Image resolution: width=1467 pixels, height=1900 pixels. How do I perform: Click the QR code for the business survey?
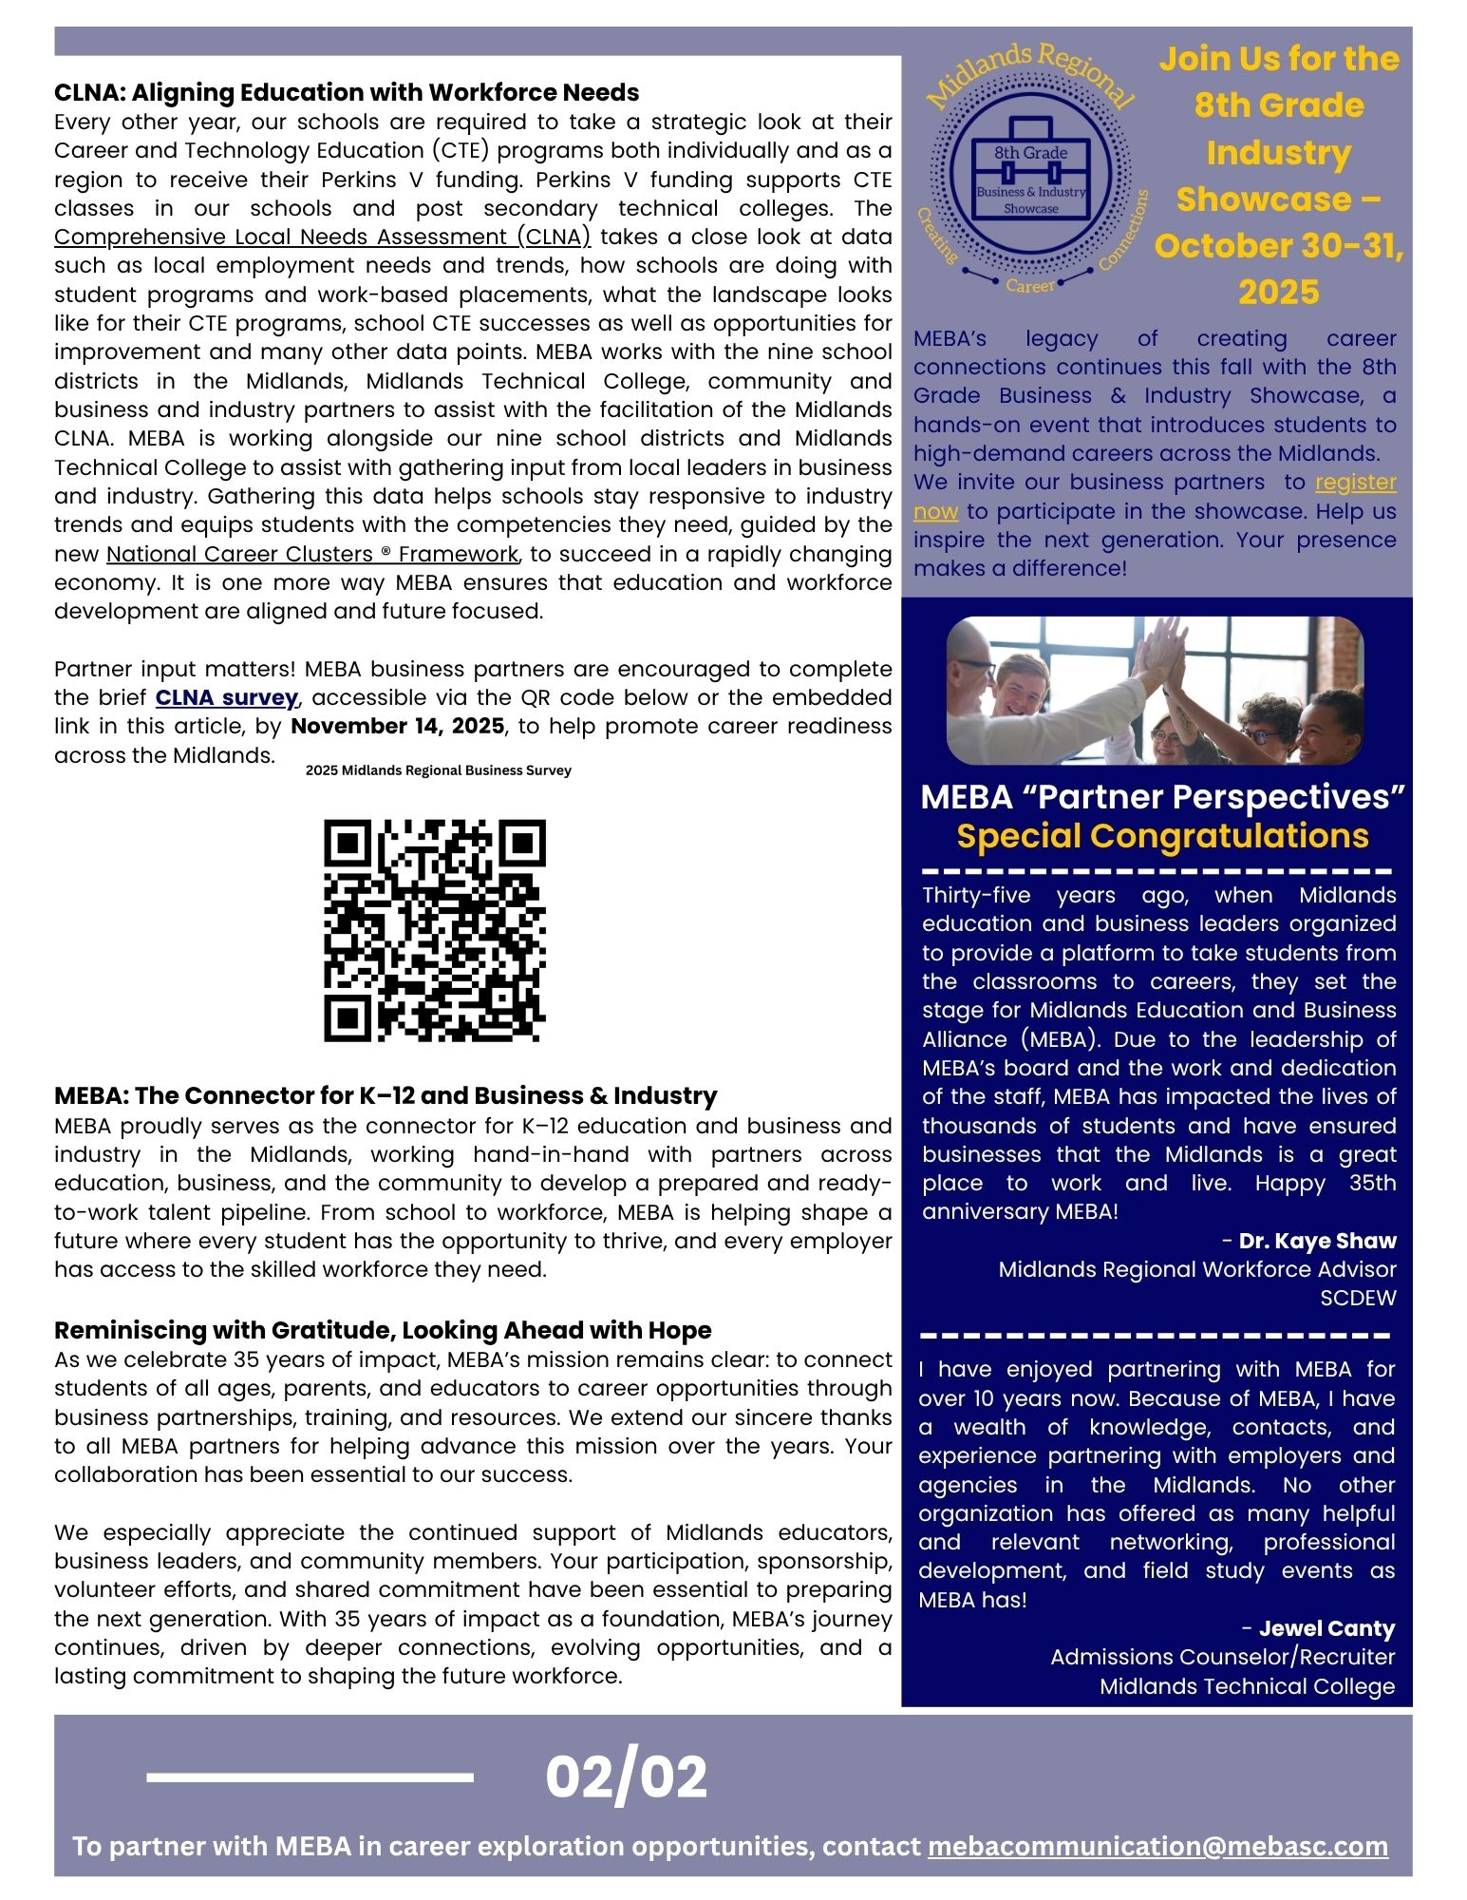pyautogui.click(x=435, y=930)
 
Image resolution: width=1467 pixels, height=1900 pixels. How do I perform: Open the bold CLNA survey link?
pyautogui.click(x=226, y=698)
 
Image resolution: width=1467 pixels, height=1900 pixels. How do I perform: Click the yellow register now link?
pyautogui.click(x=1355, y=483)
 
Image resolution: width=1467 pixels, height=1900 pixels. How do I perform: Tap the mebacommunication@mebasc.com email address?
pyautogui.click(x=1157, y=1846)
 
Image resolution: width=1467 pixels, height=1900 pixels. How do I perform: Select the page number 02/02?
pyautogui.click(x=626, y=1777)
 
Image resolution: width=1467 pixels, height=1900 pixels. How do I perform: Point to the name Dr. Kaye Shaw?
pyautogui.click(x=1317, y=1241)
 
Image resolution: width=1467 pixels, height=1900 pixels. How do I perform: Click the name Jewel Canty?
pyautogui.click(x=1326, y=1628)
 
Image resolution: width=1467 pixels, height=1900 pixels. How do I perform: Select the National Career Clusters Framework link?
pyautogui.click(x=311, y=554)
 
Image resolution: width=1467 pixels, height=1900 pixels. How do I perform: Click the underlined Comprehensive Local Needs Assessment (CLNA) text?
pyautogui.click(x=322, y=237)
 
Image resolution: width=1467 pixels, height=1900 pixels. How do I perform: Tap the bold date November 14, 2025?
pyautogui.click(x=397, y=727)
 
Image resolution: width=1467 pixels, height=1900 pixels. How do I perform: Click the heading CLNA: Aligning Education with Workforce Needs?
pyautogui.click(x=346, y=92)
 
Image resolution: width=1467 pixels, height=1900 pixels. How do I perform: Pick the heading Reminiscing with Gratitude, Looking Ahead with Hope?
pyautogui.click(x=382, y=1330)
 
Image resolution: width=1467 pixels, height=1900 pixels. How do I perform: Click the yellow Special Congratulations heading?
pyautogui.click(x=1162, y=836)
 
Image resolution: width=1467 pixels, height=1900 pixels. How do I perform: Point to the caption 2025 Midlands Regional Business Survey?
pyautogui.click(x=438, y=770)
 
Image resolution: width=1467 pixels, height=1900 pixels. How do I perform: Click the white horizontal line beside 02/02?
pyautogui.click(x=310, y=1777)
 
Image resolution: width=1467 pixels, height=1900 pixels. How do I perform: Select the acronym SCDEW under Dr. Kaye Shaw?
pyautogui.click(x=1358, y=1298)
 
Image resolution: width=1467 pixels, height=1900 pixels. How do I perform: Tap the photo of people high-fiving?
pyautogui.click(x=1155, y=691)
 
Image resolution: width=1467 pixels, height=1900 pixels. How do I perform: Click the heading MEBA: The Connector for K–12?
pyautogui.click(x=385, y=1095)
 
